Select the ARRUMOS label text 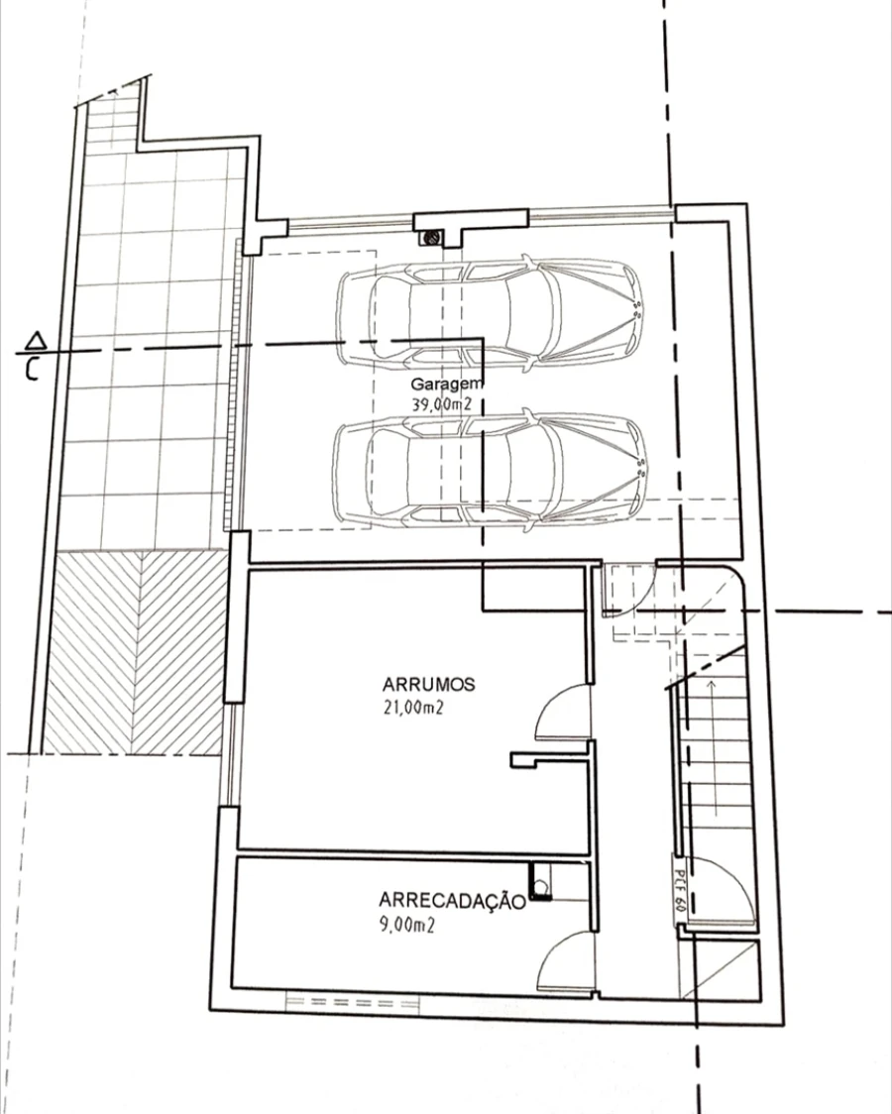[x=429, y=685]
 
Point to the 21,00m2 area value [x=413, y=708]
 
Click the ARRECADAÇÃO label [x=452, y=901]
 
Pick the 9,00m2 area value [x=407, y=925]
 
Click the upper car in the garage [x=490, y=312]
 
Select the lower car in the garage [x=490, y=470]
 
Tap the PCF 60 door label [x=679, y=891]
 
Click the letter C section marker [x=32, y=369]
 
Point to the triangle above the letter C [x=36, y=341]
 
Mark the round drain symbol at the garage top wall [x=429, y=238]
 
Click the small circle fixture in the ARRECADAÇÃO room [x=541, y=887]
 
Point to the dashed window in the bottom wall [x=353, y=1002]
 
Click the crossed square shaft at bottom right [x=720, y=969]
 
